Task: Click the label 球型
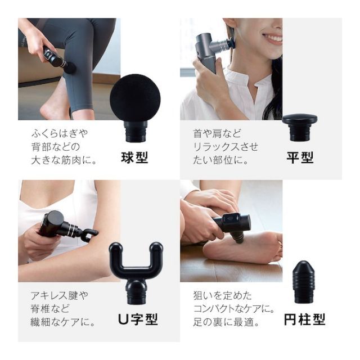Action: point(134,157)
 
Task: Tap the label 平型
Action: point(300,157)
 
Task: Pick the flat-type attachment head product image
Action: point(299,127)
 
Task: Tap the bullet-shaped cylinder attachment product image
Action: point(303,281)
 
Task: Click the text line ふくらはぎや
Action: point(60,134)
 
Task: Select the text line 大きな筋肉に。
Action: point(64,160)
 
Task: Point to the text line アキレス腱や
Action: point(60,295)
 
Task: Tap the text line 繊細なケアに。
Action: point(63,322)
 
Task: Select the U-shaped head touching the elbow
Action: point(89,235)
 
